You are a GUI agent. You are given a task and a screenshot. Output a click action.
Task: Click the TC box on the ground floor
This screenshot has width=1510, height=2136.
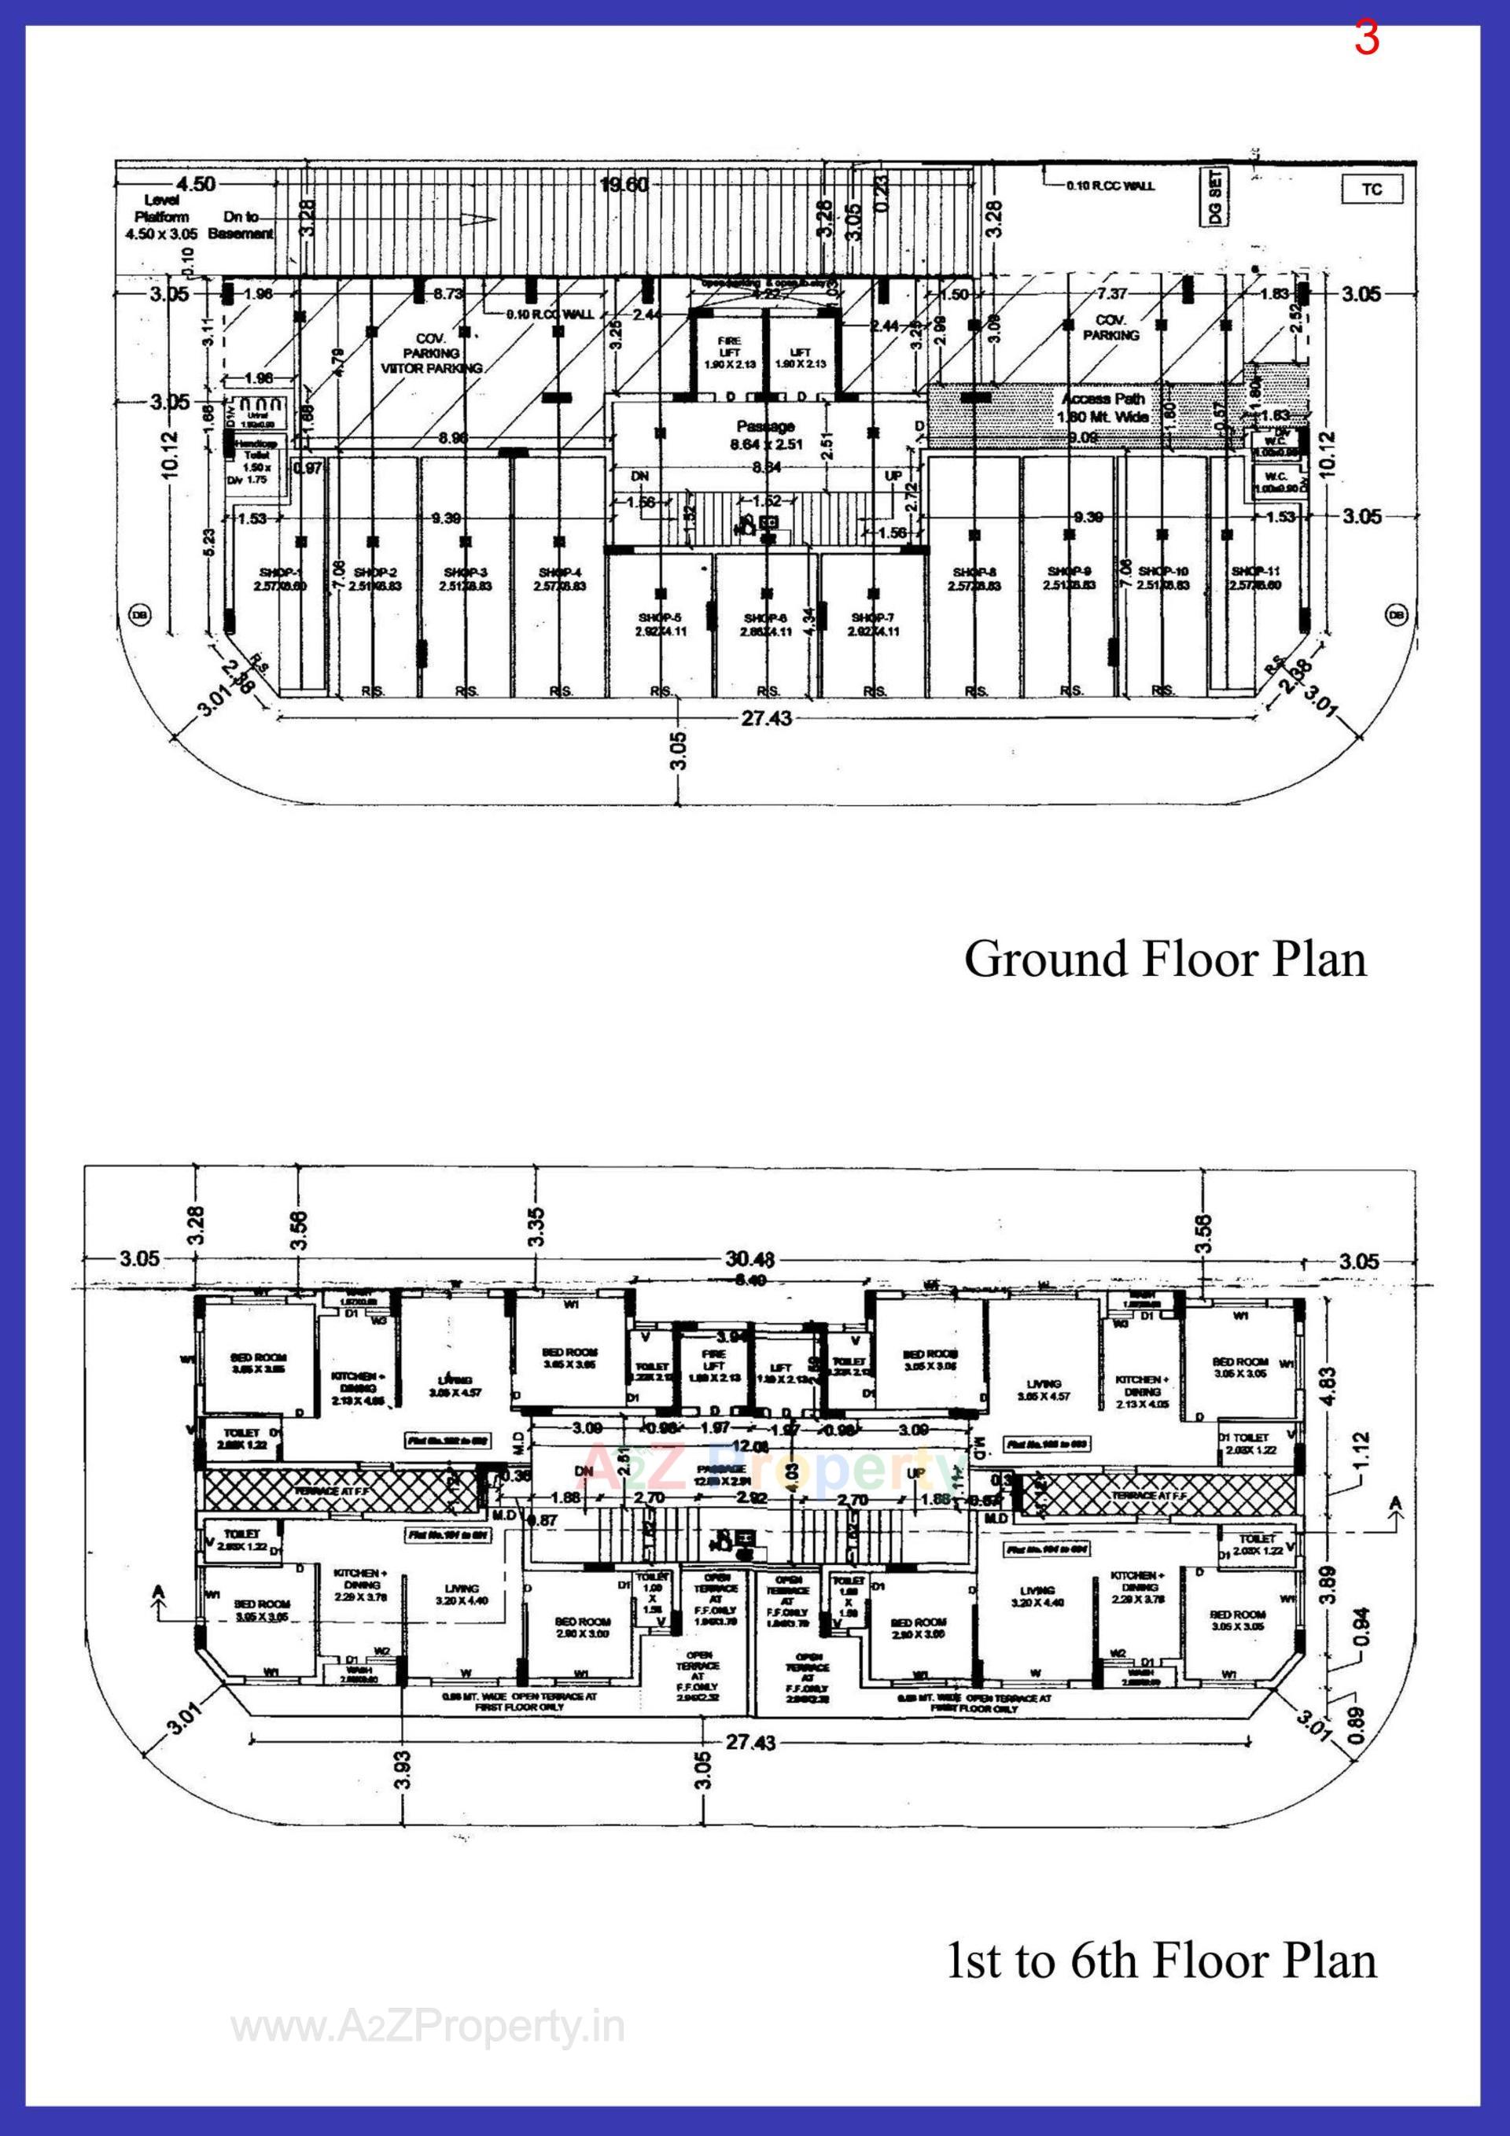click(1372, 190)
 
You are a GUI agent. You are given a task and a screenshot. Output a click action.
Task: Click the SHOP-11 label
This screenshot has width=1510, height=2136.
click(1255, 578)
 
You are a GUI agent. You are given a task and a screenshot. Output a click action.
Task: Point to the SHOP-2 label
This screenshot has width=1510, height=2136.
click(375, 579)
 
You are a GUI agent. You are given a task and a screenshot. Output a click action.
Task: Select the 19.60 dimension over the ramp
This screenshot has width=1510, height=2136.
click(624, 184)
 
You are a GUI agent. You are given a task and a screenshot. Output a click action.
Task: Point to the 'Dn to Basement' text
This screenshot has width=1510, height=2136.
click(240, 224)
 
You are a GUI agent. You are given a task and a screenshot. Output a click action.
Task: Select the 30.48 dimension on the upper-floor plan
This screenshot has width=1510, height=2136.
click(749, 1261)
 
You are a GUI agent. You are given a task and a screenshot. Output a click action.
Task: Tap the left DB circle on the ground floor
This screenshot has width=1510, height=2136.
click(141, 614)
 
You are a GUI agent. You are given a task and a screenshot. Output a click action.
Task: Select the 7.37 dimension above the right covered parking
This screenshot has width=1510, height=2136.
click(1112, 294)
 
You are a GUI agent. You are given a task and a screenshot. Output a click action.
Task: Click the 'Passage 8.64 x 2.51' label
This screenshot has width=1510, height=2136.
click(766, 433)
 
